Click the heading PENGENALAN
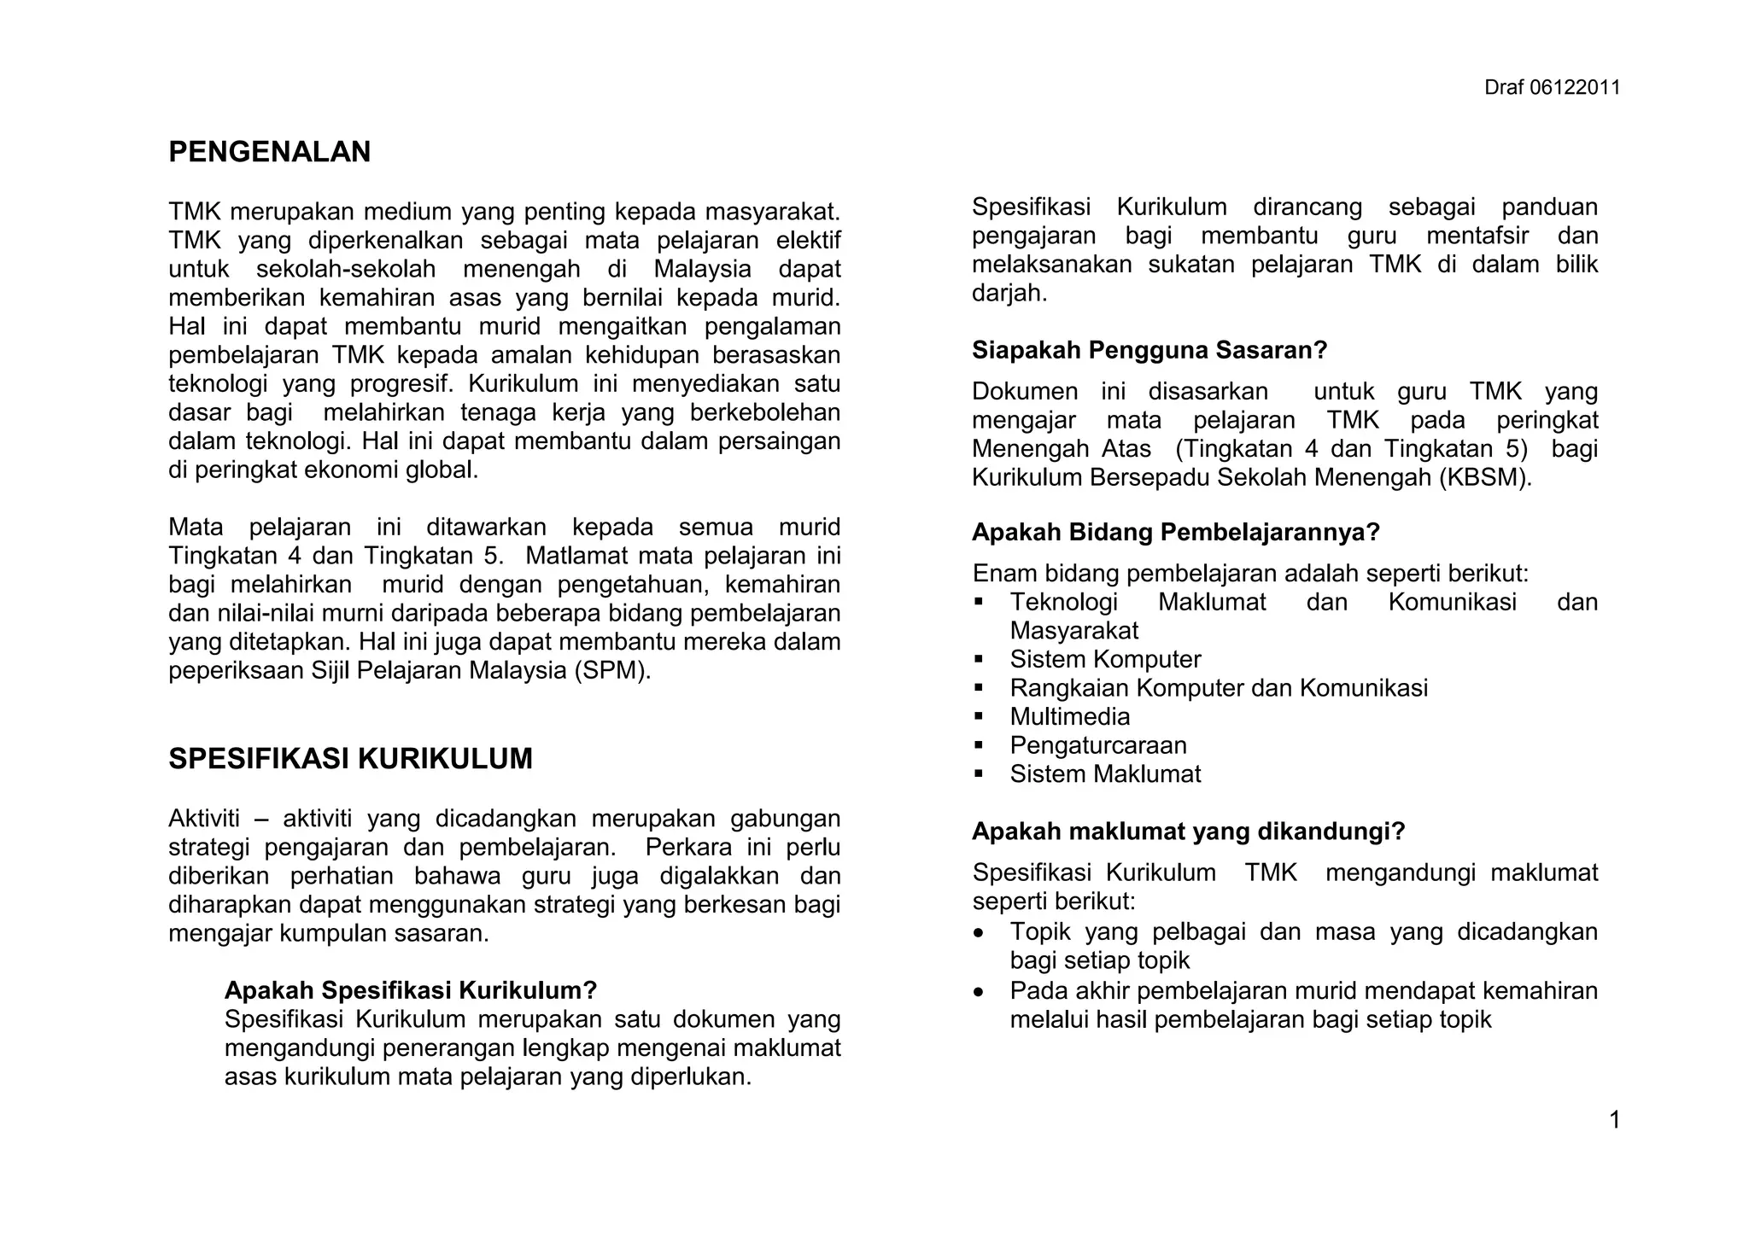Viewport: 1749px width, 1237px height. [270, 152]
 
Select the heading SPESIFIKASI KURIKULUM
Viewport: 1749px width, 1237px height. [350, 759]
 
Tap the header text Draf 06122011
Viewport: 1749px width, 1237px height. [1552, 88]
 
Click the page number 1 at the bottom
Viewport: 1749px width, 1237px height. [1614, 1120]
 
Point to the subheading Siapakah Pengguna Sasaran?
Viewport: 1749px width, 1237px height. [1149, 351]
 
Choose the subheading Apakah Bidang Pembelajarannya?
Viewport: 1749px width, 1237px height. [1176, 533]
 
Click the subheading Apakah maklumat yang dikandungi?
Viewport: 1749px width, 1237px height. [1188, 831]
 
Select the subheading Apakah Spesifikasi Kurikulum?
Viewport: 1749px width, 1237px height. [410, 990]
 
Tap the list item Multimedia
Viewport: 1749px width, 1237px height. [1069, 717]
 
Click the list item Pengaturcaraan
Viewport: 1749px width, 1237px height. [1098, 745]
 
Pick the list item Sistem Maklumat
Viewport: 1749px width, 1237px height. [1105, 774]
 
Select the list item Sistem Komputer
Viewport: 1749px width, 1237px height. [1105, 660]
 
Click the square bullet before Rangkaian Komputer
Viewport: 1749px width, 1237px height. [979, 688]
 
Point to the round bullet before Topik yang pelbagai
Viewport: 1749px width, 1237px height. [979, 932]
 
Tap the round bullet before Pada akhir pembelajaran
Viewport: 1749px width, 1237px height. [979, 992]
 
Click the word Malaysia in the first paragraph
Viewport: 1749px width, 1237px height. [702, 270]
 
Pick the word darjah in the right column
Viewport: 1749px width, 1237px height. [1008, 294]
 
